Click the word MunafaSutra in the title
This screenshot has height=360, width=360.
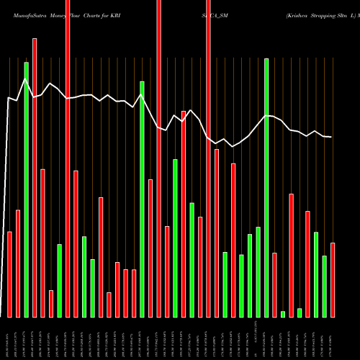[23, 14]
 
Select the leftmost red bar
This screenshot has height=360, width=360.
[9, 274]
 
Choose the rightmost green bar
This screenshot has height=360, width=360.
[324, 287]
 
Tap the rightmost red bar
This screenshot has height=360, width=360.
[333, 280]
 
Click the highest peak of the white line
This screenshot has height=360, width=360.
[26, 78]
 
